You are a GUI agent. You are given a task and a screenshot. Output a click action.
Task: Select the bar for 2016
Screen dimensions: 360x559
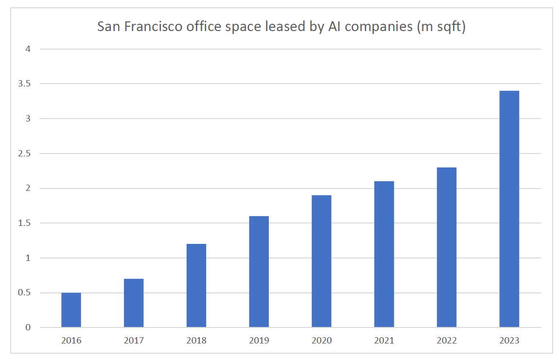tap(71, 310)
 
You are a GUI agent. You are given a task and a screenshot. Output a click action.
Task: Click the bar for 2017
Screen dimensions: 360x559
tap(134, 303)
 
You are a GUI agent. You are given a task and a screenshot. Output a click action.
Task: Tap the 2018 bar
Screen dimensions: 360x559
tap(196, 286)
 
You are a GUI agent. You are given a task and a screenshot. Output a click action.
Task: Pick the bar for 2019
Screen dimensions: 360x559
tap(259, 272)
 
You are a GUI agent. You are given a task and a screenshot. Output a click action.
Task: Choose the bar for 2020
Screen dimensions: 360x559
tap(321, 261)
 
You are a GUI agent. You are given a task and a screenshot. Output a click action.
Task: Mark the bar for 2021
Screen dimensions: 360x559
tap(384, 254)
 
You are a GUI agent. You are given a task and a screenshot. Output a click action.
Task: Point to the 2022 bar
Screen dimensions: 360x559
tap(447, 247)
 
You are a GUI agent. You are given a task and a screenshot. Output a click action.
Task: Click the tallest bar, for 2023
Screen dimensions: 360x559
tap(509, 209)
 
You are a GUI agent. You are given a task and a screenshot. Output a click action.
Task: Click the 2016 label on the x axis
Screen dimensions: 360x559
tap(71, 341)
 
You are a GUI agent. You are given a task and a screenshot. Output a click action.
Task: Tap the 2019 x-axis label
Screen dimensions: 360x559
tap(259, 341)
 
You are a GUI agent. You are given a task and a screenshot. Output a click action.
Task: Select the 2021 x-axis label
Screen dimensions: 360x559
tap(384, 341)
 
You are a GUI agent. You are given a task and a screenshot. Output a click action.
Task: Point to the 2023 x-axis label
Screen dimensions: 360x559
tap(509, 341)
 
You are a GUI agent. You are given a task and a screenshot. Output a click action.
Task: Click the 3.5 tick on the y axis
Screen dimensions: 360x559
tap(25, 84)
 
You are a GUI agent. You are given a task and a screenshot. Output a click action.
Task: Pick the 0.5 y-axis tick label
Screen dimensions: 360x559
tap(25, 293)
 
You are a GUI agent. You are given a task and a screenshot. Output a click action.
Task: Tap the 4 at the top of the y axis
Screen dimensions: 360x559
tap(28, 49)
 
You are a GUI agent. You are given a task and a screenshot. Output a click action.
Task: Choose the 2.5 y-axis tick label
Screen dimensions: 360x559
tap(25, 154)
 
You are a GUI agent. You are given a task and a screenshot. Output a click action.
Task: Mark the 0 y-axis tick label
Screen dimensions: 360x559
tap(28, 327)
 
